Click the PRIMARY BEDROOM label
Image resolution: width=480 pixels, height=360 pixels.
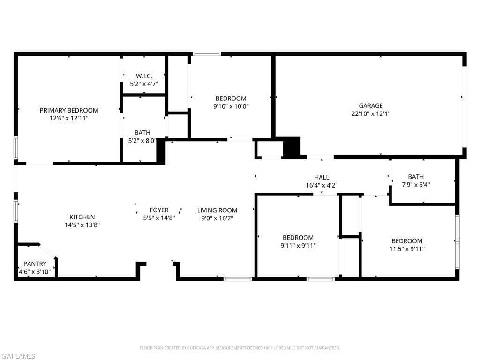coord(69,110)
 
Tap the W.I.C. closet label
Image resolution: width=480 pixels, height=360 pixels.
coord(144,76)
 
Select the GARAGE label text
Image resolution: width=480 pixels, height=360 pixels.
coord(371,105)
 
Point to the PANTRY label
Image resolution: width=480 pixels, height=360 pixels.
coord(35,263)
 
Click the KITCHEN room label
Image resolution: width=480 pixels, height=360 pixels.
coord(82,217)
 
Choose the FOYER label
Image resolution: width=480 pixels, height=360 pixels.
coord(159,210)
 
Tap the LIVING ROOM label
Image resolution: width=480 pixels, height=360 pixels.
coord(217,210)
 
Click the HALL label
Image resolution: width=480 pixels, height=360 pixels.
coord(322,177)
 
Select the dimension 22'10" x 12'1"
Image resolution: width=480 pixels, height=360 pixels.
coord(371,113)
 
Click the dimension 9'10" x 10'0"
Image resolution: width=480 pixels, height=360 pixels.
coord(231,106)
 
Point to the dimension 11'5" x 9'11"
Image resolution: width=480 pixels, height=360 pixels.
coord(407,249)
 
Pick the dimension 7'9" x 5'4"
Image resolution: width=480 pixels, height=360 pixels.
coord(416,185)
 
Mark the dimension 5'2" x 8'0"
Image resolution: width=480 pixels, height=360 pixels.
coord(142,141)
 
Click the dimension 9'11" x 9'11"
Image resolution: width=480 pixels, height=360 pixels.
coord(298,246)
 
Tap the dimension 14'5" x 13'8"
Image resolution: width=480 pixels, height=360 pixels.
coord(82,225)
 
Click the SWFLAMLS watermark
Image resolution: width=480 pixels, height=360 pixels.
coord(18,356)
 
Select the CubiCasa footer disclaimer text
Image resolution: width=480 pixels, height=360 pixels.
coord(240,348)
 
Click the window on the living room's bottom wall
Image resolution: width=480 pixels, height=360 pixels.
coord(238,279)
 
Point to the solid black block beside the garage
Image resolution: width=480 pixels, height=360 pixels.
coord(292,148)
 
